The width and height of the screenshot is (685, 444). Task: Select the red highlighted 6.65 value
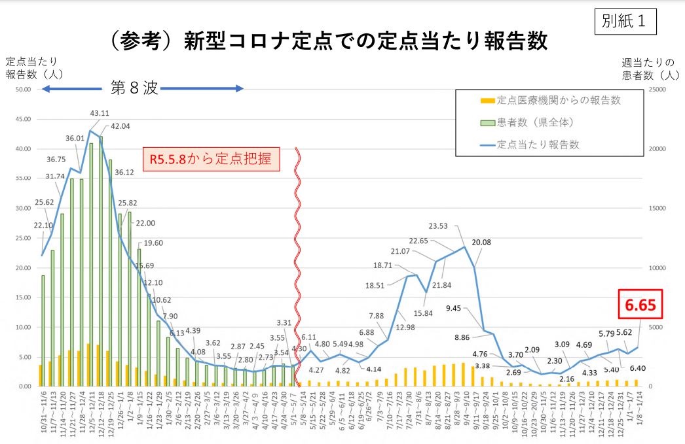[640, 305]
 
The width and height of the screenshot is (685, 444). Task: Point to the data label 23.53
[442, 226]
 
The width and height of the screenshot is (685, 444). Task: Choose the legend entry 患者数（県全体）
[534, 122]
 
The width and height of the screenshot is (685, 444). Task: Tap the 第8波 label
[134, 88]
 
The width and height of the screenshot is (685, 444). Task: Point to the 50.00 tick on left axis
[23, 89]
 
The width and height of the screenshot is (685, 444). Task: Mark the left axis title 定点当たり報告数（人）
[33, 68]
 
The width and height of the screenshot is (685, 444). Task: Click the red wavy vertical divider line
[298, 262]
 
